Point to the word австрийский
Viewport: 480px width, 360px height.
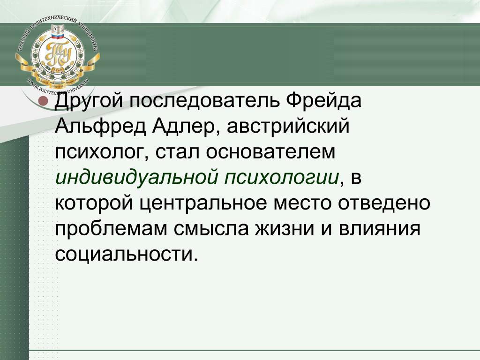tap(288, 126)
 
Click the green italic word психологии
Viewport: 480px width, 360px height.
tap(282, 178)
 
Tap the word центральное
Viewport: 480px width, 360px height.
tap(203, 203)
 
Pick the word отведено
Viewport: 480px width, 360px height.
tap(384, 203)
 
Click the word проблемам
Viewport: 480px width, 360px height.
tap(112, 229)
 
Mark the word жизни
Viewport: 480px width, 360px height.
tap(285, 229)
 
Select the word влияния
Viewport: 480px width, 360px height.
tap(379, 229)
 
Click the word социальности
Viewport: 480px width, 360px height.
tap(127, 255)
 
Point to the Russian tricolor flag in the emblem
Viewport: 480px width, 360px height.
tap(57, 37)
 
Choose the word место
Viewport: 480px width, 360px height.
tap(302, 203)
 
